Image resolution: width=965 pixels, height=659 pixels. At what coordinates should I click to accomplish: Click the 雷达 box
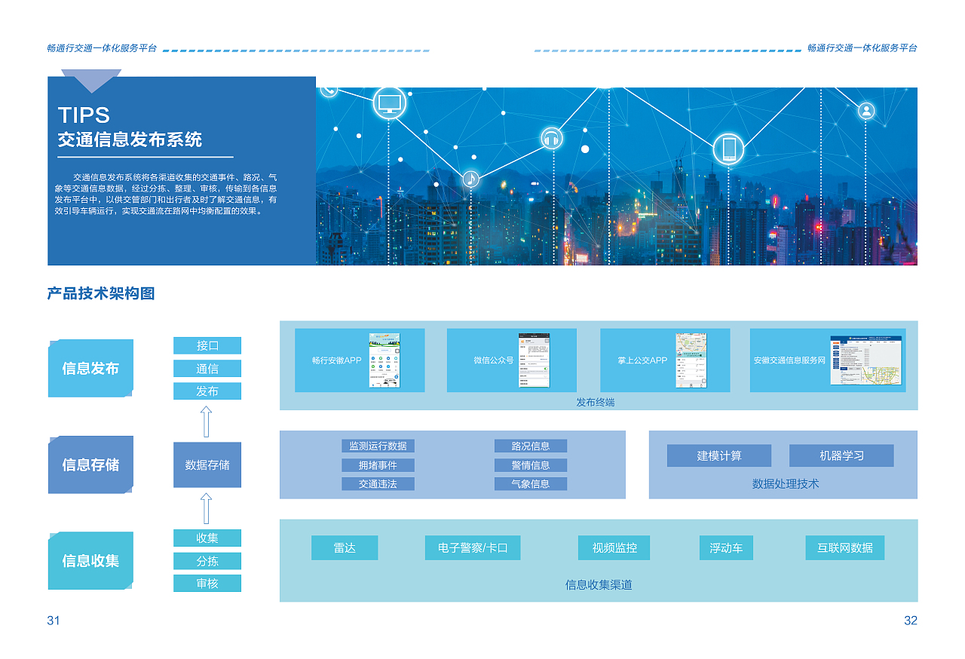345,548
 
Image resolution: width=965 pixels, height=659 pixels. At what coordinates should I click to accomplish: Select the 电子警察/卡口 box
473,548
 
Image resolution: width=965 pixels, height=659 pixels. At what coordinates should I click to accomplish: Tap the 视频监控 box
614,548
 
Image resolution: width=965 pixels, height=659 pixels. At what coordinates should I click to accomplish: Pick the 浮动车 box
726,548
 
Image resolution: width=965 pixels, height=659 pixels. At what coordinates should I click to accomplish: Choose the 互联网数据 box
844,548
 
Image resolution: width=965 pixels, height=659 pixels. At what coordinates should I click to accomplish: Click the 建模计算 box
718,455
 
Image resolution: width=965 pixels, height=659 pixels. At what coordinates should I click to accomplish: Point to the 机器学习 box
841,455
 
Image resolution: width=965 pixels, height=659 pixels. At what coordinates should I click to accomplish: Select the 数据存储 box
207,465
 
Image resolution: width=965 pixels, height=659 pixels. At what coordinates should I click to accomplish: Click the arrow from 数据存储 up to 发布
206,421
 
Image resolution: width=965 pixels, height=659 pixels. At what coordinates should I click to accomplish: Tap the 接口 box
207,345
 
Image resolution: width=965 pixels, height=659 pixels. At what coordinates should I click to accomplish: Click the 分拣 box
207,561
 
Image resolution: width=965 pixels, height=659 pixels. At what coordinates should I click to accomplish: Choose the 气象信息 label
531,484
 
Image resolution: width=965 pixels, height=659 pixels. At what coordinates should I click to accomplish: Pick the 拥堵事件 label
378,465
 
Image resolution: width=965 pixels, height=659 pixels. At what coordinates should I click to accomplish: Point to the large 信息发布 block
90,369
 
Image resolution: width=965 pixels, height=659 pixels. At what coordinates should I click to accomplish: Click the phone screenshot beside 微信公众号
534,360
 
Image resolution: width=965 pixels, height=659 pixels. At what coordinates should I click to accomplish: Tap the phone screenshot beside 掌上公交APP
691,360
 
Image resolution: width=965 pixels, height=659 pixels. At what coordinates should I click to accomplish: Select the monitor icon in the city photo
390,103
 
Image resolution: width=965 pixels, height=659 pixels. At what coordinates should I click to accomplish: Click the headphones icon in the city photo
552,138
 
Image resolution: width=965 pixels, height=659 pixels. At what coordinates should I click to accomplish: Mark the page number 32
911,621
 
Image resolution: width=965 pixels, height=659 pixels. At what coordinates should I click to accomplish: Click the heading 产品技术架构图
101,294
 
